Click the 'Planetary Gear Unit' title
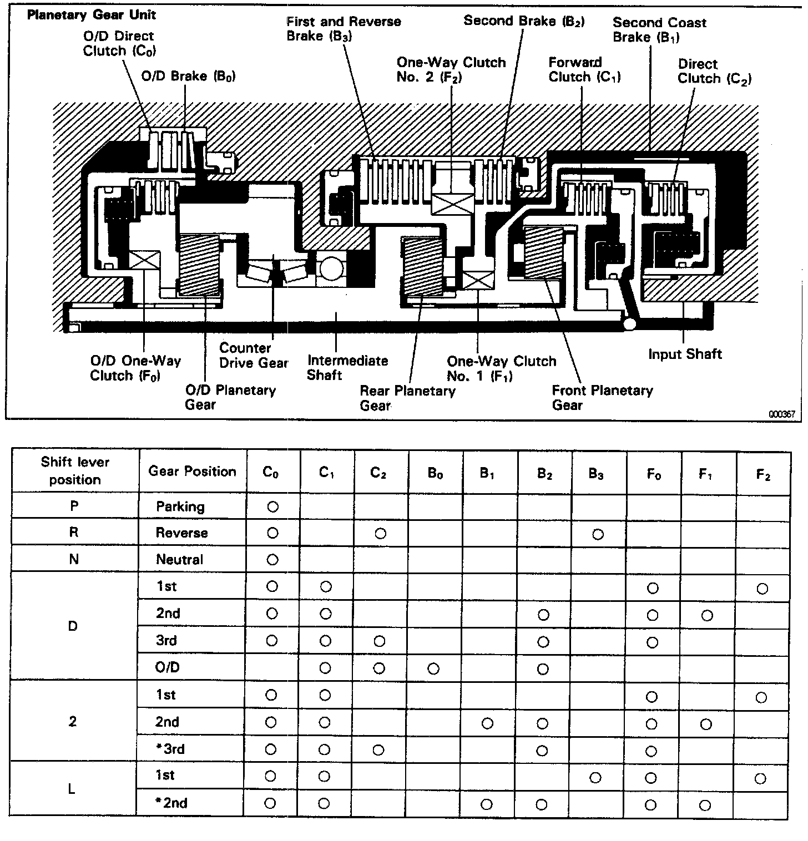[x=92, y=15]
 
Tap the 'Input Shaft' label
[x=685, y=354]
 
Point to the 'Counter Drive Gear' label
[x=254, y=356]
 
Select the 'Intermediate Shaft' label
[x=347, y=367]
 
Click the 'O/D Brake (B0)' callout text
[x=189, y=76]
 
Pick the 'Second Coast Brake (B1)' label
[x=659, y=30]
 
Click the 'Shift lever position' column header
[x=75, y=470]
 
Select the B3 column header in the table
[x=596, y=474]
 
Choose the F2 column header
[x=763, y=475]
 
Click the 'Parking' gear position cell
[x=180, y=506]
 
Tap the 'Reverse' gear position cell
[x=181, y=533]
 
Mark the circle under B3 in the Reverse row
[x=597, y=534]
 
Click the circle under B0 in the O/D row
[x=433, y=669]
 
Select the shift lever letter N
[x=74, y=559]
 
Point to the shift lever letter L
[x=72, y=789]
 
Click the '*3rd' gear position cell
[x=170, y=749]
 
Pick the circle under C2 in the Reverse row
[x=380, y=534]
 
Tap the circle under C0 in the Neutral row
[x=272, y=560]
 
